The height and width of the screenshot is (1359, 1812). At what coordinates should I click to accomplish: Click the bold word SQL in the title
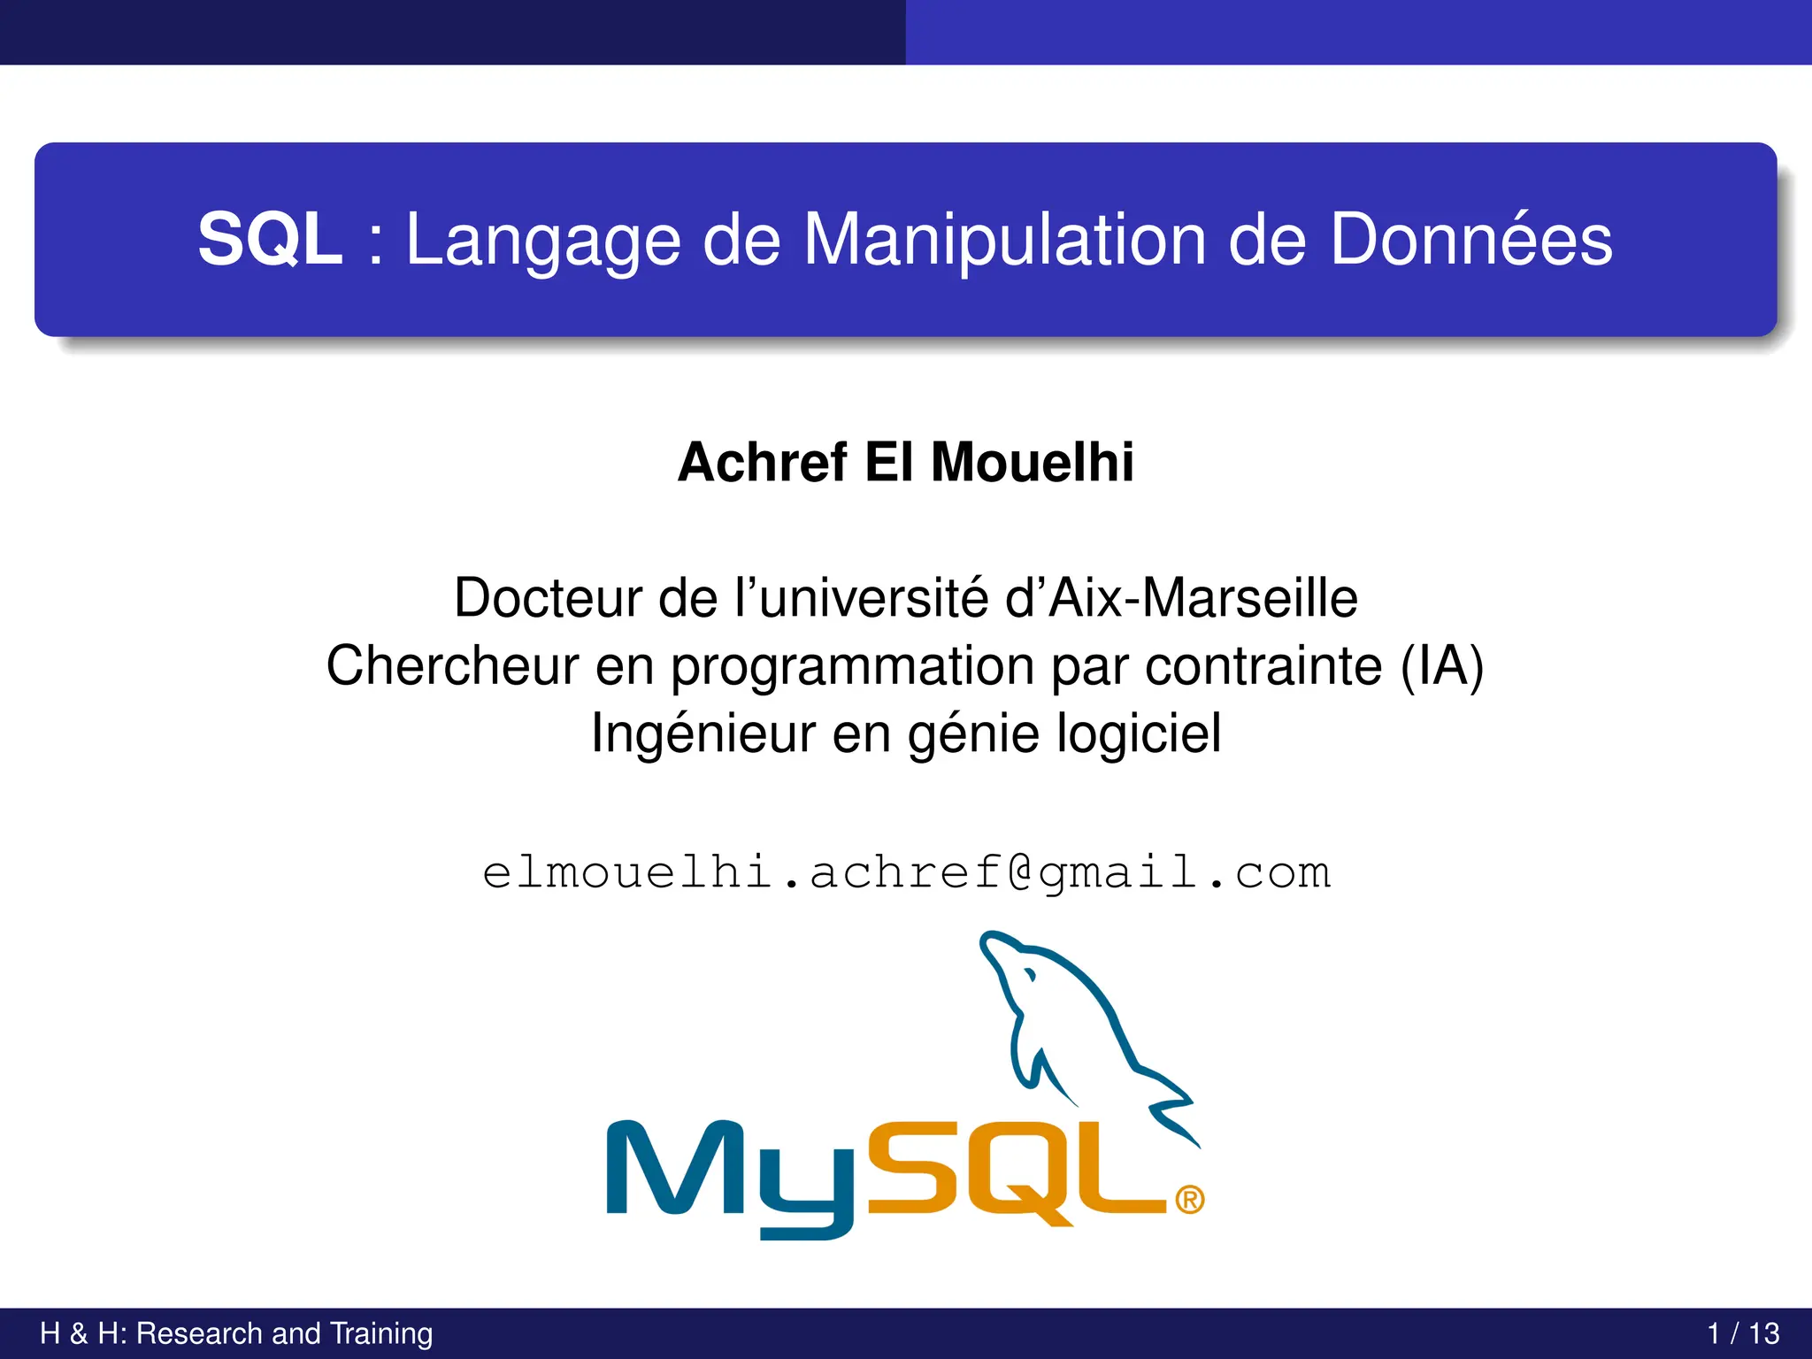270,240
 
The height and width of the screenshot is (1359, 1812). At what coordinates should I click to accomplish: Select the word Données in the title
1470,240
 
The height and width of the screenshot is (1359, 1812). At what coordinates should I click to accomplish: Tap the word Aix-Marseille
1203,598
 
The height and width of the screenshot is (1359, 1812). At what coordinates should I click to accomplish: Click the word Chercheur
452,666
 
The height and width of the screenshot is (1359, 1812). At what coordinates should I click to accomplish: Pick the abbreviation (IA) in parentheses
1441,666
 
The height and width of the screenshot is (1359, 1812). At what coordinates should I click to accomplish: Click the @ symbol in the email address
1020,873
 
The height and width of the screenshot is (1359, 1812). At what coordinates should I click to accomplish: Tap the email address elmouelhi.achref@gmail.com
906,873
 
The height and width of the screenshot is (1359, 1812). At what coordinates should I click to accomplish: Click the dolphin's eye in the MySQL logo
1029,976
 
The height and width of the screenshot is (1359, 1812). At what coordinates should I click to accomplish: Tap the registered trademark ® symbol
1189,1201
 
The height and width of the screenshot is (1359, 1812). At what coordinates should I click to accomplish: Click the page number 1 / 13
1742,1333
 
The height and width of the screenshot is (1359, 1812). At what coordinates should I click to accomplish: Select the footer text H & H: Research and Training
236,1333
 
